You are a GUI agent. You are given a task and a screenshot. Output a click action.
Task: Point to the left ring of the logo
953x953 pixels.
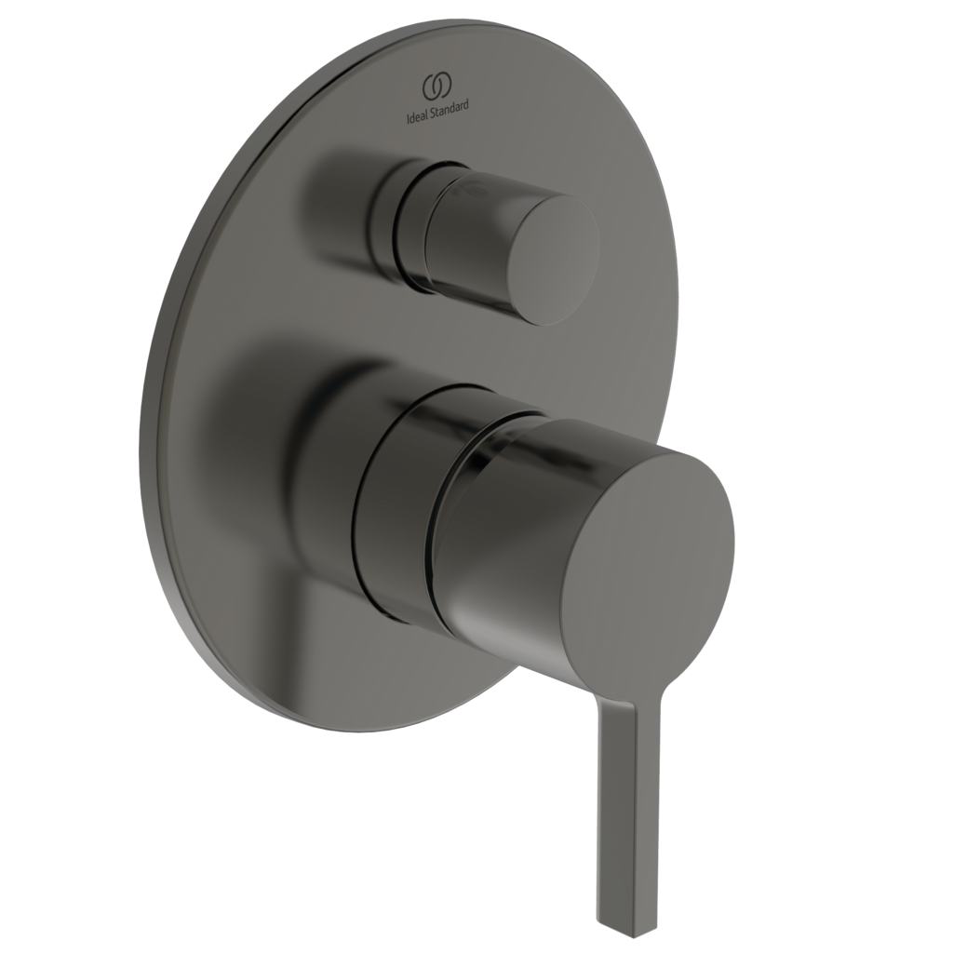[431, 87]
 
